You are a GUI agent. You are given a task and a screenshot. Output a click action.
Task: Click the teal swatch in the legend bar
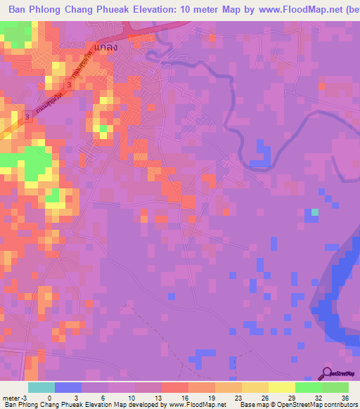tap(41, 387)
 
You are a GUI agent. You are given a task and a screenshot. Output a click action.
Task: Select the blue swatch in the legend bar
tap(68, 387)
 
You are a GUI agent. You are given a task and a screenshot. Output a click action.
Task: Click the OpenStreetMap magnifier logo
tap(327, 373)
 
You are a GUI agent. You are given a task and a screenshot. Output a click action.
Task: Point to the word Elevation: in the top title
tap(164, 9)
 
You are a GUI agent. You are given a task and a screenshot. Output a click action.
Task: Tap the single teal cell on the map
tap(315, 212)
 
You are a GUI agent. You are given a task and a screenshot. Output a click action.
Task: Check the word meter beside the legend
tap(11, 397)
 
